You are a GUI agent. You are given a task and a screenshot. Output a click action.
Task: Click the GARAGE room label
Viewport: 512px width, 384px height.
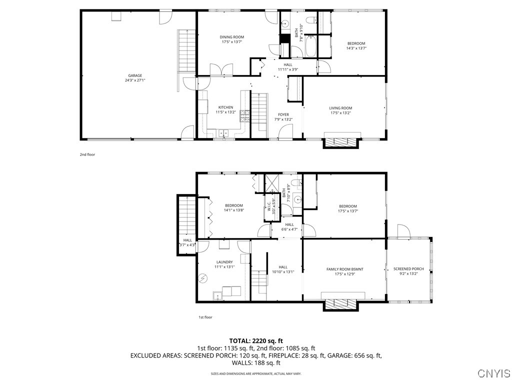(135, 75)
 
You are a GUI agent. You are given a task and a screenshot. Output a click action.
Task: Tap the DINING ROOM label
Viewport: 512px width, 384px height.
(232, 37)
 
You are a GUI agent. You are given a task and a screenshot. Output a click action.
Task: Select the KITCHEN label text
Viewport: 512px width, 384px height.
(225, 107)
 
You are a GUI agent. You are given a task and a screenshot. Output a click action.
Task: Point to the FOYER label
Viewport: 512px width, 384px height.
(283, 114)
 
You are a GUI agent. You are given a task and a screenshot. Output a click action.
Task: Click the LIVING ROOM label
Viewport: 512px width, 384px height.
(340, 108)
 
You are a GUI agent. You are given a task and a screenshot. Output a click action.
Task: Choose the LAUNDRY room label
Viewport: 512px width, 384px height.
(224, 262)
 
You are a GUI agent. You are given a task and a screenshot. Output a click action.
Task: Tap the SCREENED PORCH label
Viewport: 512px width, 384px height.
(408, 269)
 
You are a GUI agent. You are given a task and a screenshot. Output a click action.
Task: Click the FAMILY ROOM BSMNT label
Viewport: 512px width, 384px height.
(344, 269)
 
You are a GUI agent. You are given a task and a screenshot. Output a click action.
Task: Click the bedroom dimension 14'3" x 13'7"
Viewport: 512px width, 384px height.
(356, 48)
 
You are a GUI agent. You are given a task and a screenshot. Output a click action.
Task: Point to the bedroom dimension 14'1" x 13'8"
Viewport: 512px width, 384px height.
(234, 210)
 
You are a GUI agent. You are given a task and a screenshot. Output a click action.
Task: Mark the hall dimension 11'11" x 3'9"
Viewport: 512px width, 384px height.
(288, 69)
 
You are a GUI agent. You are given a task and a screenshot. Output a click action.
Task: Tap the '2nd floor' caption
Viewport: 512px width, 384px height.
(87, 154)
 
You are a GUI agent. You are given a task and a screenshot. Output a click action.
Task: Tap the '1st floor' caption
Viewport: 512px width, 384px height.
(205, 317)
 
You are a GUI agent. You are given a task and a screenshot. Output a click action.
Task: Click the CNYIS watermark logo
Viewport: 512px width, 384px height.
(493, 373)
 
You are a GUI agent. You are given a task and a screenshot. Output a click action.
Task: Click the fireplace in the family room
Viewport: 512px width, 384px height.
(341, 304)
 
